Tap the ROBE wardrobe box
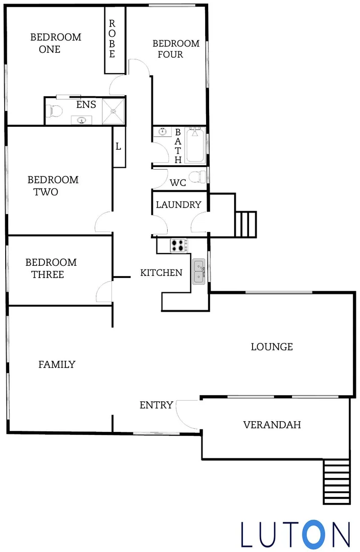[x=112, y=39]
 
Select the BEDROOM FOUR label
[x=176, y=49]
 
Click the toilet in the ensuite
[x=54, y=110]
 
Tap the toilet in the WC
[x=196, y=177]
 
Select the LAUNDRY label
[x=178, y=205]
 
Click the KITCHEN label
[x=161, y=273]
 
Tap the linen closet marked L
[x=119, y=147]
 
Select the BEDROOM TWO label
[x=53, y=186]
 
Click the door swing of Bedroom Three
[x=104, y=291]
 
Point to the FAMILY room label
[x=57, y=364]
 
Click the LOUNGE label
[x=272, y=347]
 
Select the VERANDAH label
[x=272, y=425]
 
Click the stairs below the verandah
[x=336, y=481]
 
